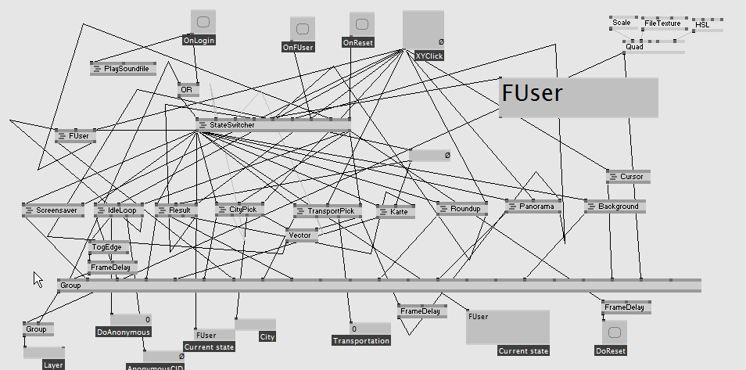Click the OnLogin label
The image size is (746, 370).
199,40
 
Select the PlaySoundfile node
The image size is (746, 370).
124,69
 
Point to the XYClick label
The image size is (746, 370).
429,56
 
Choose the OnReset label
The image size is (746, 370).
359,44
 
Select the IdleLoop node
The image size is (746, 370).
120,210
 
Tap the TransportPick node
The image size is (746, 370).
329,211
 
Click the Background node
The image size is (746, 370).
615,207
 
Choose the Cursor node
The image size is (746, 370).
628,177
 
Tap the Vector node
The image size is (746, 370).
301,235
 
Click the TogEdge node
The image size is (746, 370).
109,246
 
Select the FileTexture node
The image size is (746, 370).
663,23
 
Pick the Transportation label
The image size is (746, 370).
361,341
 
